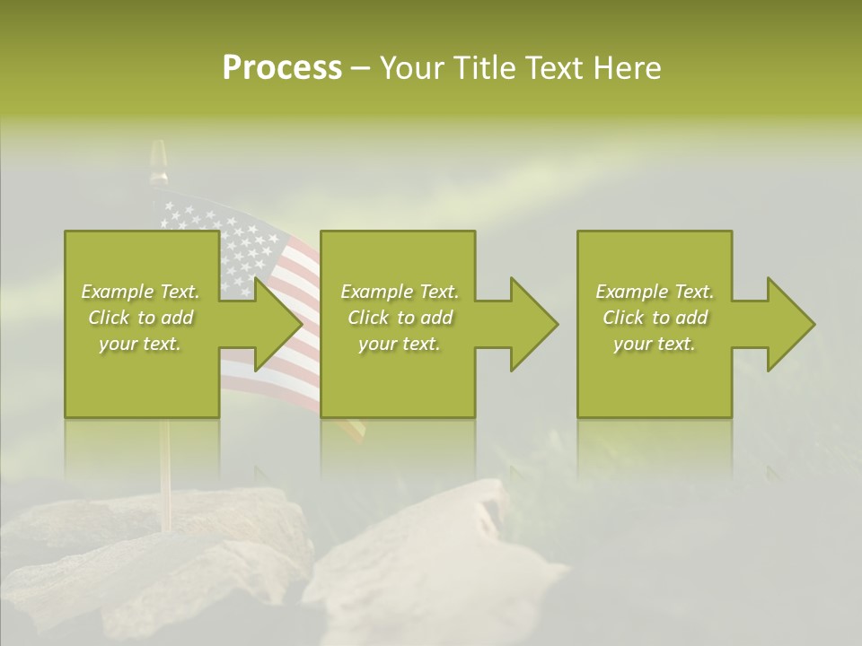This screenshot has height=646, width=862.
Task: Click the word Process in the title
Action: (282, 68)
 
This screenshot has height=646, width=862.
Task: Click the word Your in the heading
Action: (412, 68)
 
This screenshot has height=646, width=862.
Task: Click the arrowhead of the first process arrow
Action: (278, 324)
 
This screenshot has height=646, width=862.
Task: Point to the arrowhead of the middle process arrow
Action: (534, 324)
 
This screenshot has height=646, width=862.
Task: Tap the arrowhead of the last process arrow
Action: (790, 324)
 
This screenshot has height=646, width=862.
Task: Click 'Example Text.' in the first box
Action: (140, 292)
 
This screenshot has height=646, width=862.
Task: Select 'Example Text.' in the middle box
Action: (400, 292)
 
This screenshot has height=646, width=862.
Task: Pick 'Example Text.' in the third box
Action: (655, 292)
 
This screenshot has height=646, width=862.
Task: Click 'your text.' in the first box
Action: (140, 344)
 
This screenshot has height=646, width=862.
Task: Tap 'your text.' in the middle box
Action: (400, 344)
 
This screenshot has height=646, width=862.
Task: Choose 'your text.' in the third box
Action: (655, 344)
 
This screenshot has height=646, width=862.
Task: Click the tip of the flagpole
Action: (159, 153)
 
